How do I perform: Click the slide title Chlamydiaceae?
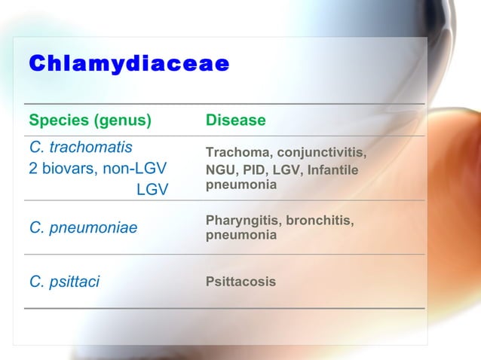coord(129,64)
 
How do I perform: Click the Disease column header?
coord(235,121)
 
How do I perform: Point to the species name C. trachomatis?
coord(81,146)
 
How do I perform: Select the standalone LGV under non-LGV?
coord(152,189)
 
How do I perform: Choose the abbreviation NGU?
coord(219,169)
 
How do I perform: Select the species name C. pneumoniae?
coord(83,227)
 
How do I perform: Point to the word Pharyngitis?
coord(240,220)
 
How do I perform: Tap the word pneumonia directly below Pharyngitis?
coord(240,235)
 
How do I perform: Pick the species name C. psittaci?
coord(64,282)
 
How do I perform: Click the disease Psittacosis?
coord(240,282)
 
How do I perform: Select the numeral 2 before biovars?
coord(33,167)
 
